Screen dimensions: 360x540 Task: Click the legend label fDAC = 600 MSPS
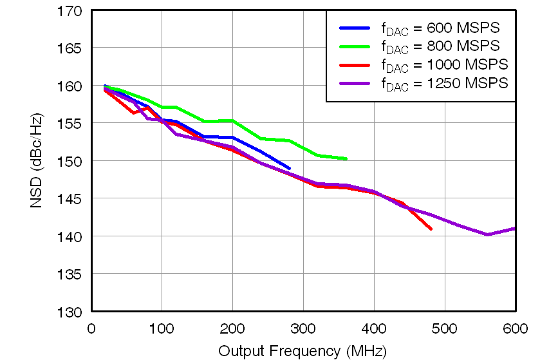[x=440, y=28]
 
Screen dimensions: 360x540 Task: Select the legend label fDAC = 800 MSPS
[x=440, y=46]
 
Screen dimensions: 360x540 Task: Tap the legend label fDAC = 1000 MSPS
[x=443, y=64]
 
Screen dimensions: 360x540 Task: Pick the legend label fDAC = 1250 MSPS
[x=443, y=83]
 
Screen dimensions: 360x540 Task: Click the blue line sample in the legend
[x=354, y=28]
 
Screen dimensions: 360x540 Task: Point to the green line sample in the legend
[x=354, y=46]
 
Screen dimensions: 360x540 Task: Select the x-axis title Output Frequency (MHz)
[x=303, y=351]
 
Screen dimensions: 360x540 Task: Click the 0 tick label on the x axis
[x=91, y=328]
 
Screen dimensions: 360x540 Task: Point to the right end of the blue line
[x=289, y=168]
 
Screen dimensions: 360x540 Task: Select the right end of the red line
[x=431, y=229]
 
